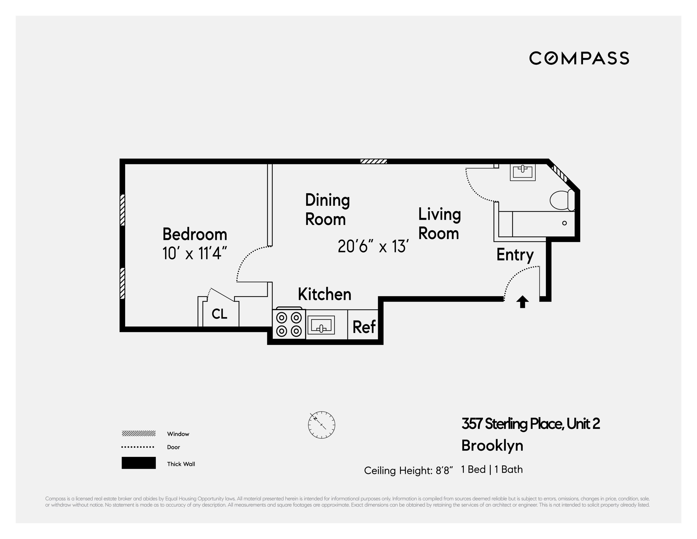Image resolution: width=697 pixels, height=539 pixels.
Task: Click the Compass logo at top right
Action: [x=579, y=58]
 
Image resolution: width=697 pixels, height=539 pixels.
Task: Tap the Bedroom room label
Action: [x=195, y=234]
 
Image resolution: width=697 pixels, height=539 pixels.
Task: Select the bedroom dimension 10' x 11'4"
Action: [x=195, y=254]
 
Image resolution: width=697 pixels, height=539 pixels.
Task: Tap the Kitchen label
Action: [x=324, y=294]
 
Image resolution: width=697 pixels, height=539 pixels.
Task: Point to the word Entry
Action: [x=515, y=255]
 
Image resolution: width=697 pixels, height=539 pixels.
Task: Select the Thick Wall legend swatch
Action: [x=138, y=463]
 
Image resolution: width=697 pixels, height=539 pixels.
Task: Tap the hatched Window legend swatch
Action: [x=138, y=433]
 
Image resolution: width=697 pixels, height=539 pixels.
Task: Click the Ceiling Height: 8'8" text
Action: [x=408, y=471]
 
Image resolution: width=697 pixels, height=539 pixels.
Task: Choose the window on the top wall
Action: [x=373, y=161]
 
